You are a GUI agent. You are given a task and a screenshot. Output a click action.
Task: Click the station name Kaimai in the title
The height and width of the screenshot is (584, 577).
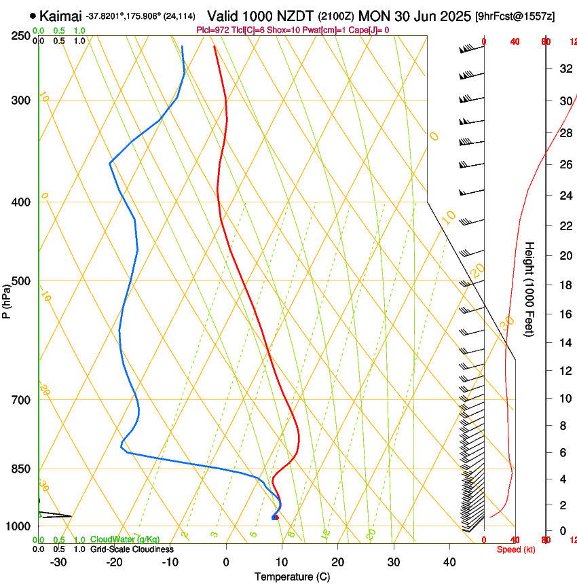(x=60, y=16)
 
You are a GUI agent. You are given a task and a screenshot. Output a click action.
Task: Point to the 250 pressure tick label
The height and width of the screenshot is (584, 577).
(x=21, y=36)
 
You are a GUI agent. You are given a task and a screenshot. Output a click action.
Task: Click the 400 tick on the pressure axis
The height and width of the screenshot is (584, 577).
(x=21, y=202)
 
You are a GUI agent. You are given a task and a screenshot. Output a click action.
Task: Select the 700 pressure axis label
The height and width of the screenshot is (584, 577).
(x=21, y=400)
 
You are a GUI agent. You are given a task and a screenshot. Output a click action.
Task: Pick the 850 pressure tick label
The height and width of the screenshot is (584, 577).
(x=21, y=469)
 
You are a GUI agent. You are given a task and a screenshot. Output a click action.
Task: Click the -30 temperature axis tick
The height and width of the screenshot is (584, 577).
(x=58, y=562)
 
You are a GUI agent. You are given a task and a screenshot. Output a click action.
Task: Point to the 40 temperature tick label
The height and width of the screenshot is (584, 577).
(x=449, y=562)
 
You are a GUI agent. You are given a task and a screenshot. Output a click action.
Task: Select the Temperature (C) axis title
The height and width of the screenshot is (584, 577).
(x=292, y=577)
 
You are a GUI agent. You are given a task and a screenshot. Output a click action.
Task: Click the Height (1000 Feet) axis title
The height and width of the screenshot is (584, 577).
(x=530, y=289)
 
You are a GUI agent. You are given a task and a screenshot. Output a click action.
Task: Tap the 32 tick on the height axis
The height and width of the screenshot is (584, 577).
(x=564, y=69)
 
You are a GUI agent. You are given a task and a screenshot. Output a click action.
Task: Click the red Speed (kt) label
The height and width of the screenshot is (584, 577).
(x=515, y=549)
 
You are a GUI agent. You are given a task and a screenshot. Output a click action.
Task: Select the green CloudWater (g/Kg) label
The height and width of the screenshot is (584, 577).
(x=125, y=540)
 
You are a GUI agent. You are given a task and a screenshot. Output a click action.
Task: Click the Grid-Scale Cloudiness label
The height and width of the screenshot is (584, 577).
(x=132, y=549)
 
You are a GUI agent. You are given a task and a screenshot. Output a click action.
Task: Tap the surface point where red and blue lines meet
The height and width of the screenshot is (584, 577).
(x=274, y=517)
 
